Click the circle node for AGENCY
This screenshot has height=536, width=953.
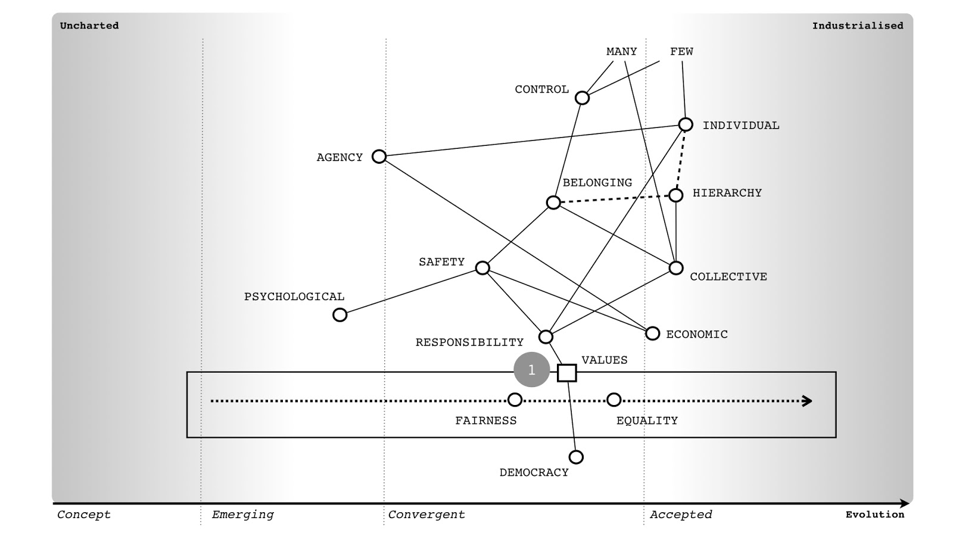379,157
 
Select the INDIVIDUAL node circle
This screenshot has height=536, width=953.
686,124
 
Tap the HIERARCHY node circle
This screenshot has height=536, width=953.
675,195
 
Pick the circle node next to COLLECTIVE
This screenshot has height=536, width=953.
676,268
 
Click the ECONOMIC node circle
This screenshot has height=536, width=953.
653,334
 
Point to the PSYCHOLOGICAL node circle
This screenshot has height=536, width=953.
340,314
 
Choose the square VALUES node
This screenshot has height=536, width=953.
567,373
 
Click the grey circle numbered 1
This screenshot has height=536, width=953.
531,370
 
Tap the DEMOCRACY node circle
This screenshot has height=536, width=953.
576,457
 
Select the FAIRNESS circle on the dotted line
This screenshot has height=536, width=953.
515,400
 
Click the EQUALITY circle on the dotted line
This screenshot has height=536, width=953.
613,400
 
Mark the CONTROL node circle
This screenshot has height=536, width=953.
583,98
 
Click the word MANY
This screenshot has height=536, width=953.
621,52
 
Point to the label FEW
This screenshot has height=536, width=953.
681,52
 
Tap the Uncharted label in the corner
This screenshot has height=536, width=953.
89,26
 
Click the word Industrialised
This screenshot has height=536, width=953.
857,26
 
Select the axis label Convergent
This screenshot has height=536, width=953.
426,515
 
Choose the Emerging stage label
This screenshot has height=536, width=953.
243,515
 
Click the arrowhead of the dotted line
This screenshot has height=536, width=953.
808,401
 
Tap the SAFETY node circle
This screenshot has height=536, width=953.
482,268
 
